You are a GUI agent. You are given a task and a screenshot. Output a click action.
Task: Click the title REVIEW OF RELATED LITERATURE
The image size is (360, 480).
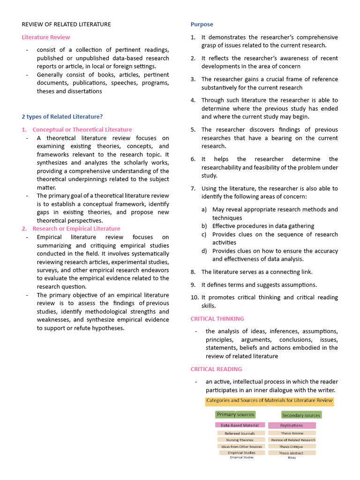tap(67, 24)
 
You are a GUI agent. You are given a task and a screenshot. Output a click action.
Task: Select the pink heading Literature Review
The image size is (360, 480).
tap(46, 37)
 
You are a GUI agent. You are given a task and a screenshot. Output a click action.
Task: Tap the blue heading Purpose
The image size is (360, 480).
tap(202, 24)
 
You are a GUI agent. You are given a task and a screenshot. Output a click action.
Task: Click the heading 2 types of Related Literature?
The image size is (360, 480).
tap(62, 117)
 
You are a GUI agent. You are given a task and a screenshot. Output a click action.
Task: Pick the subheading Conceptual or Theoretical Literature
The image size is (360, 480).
tap(82, 129)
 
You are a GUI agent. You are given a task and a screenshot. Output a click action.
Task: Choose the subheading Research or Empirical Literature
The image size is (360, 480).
tap(76, 229)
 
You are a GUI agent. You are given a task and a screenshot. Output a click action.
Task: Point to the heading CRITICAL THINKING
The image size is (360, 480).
tap(217, 319)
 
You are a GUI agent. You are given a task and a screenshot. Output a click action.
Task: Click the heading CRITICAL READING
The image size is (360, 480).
tap(216, 369)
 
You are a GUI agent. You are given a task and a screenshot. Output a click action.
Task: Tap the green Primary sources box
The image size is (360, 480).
tap(235, 414)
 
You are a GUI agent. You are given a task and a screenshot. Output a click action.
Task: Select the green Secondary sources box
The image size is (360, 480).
tap(301, 415)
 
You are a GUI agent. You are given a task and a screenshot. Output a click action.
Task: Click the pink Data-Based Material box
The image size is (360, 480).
tap(240, 425)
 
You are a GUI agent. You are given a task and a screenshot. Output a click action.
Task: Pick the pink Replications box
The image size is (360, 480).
tap(292, 425)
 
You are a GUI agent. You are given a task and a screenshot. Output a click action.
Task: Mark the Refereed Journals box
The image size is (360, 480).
tap(240, 434)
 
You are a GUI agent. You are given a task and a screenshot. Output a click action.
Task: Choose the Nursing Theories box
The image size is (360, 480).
tap(240, 440)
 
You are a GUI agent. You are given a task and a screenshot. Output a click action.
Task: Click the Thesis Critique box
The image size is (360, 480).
tap(292, 447)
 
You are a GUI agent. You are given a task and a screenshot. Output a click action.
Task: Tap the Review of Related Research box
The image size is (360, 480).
tap(293, 440)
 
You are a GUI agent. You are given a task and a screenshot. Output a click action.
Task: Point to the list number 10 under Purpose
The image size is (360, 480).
tap(195, 298)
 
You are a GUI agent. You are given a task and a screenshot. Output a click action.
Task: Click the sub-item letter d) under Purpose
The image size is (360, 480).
tap(204, 251)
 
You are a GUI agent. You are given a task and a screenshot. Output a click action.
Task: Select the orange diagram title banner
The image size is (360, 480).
tap(269, 401)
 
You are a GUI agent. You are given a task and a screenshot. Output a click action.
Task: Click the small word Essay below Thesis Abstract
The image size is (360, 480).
tap(292, 457)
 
